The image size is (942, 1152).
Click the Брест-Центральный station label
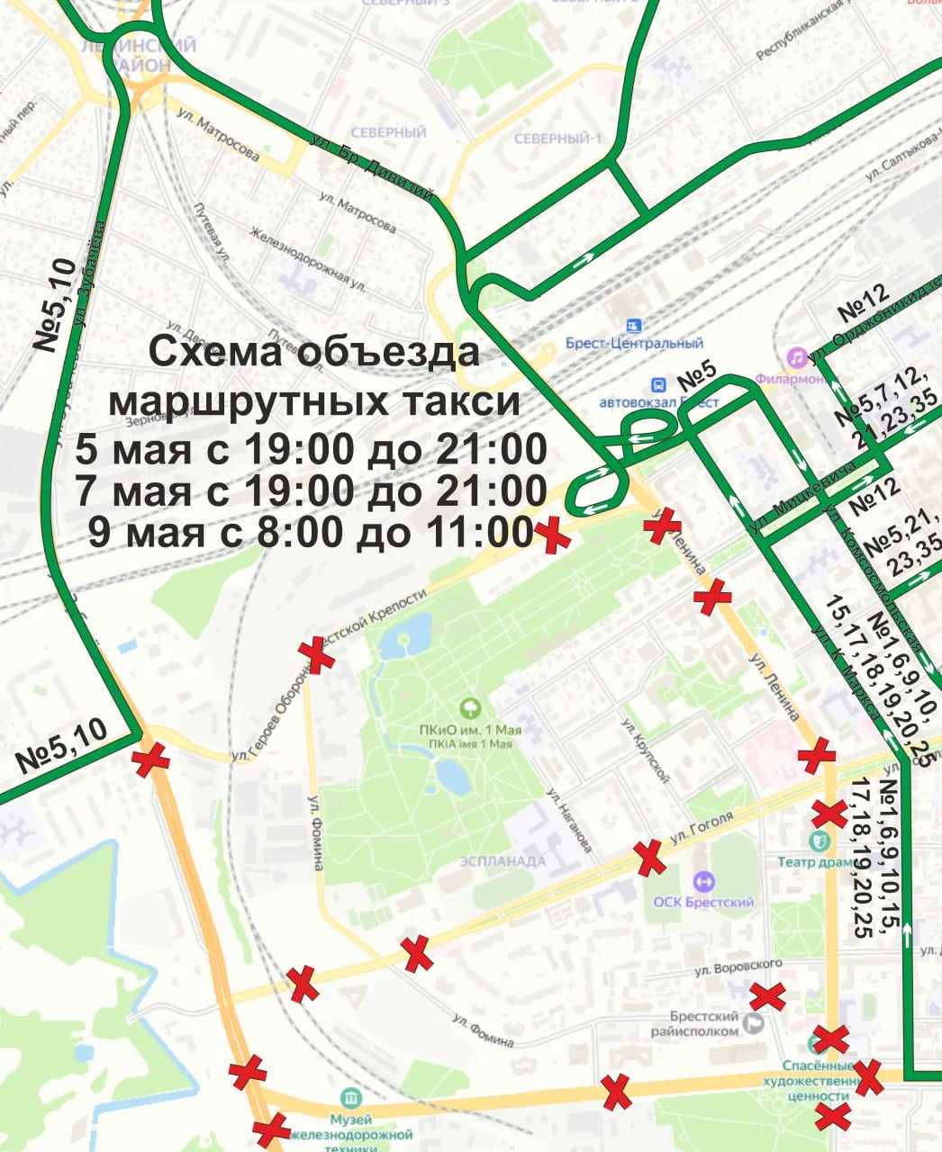pos(634,343)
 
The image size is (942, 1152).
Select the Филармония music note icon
pos(796,357)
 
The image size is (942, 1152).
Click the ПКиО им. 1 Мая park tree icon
pos(467,709)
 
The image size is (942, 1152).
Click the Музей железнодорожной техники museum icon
pos(350,1099)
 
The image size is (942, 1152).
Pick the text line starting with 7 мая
pos(311,491)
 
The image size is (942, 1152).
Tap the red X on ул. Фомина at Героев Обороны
pos(316,654)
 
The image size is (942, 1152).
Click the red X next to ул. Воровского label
pos(767,996)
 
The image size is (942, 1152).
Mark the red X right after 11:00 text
pos(553,535)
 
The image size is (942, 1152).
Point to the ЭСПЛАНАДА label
pos(503,861)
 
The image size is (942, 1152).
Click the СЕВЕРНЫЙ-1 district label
pos(557,139)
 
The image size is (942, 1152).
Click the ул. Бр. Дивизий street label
pos(371,168)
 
